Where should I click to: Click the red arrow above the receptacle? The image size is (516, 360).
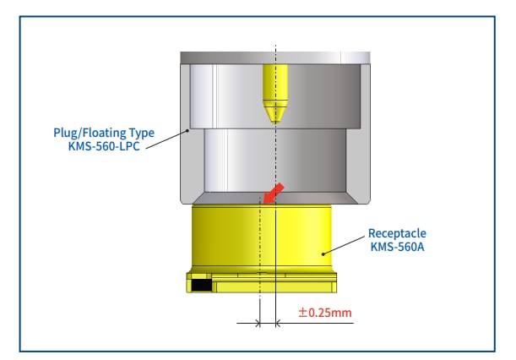(273, 193)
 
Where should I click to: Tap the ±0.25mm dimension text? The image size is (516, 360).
(325, 314)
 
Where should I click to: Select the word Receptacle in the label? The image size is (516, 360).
(396, 232)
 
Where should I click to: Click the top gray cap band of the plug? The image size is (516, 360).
(275, 57)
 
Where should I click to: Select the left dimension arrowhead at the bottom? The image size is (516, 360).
(256, 323)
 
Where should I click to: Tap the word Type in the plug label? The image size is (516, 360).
(139, 133)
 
